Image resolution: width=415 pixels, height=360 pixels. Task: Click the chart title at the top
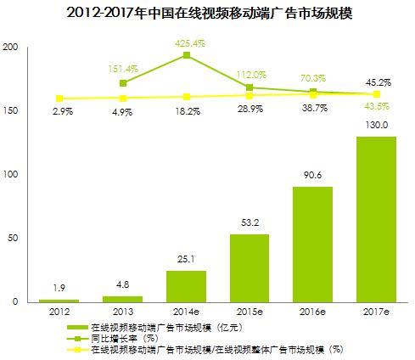[208, 14]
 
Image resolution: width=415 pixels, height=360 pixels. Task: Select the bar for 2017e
[376, 219]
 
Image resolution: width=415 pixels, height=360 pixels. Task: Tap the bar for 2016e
[313, 245]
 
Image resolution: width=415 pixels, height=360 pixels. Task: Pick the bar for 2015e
[250, 268]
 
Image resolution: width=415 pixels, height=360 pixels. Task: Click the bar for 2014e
[187, 286]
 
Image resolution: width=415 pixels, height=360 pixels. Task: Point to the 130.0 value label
[376, 125]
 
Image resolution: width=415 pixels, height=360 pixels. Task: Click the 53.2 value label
[250, 223]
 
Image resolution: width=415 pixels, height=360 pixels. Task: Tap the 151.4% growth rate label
[124, 68]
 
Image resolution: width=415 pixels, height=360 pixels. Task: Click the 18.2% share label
[187, 110]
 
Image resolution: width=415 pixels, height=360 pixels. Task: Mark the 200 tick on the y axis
[10, 48]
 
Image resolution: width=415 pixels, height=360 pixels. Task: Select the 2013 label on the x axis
[124, 312]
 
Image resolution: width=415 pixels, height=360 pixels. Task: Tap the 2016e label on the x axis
[313, 312]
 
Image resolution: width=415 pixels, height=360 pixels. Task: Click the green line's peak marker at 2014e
[187, 56]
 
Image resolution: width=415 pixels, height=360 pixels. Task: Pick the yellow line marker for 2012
[60, 98]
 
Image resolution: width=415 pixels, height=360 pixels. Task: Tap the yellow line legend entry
[212, 349]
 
